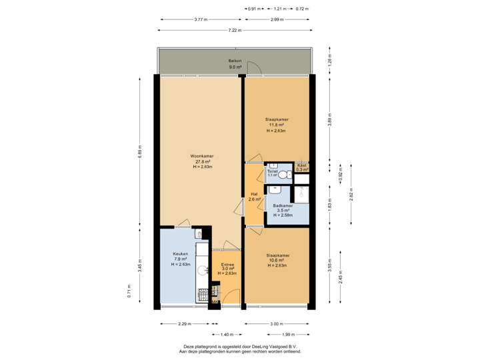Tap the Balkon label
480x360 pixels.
[x=235, y=61]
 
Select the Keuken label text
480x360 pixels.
[x=181, y=254]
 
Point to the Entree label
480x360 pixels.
[x=227, y=265]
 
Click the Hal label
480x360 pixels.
[x=253, y=194]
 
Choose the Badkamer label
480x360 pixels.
[x=282, y=205]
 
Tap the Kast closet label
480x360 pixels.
[x=302, y=164]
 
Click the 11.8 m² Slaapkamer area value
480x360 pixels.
[x=277, y=125]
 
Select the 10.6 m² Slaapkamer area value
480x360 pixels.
[x=277, y=261]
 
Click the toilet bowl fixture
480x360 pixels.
[x=283, y=175]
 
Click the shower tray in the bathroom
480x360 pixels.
[x=302, y=194]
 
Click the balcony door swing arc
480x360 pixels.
[x=253, y=67]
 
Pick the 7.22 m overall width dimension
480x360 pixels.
[x=234, y=30]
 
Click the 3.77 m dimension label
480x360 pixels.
[x=200, y=20]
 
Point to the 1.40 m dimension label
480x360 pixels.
[x=227, y=334]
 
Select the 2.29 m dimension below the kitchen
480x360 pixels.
[x=185, y=324]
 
